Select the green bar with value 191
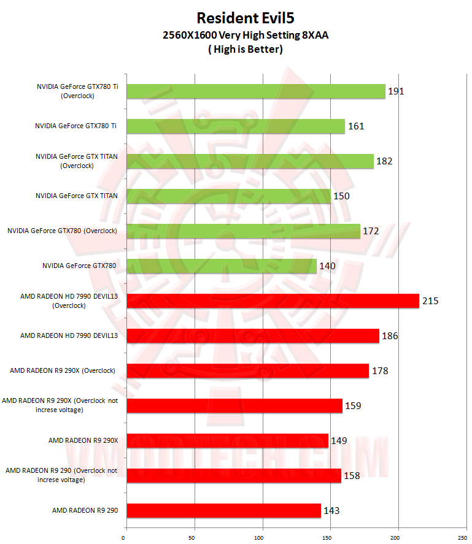click(x=256, y=91)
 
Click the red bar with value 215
click(x=273, y=301)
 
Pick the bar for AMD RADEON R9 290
click(x=223, y=510)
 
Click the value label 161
click(x=356, y=126)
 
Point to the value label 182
click(x=384, y=161)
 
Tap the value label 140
click(x=327, y=266)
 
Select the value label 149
click(x=339, y=440)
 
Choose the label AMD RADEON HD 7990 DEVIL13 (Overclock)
click(x=69, y=301)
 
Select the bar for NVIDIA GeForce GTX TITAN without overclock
click(x=228, y=196)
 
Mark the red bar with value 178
click(x=247, y=370)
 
